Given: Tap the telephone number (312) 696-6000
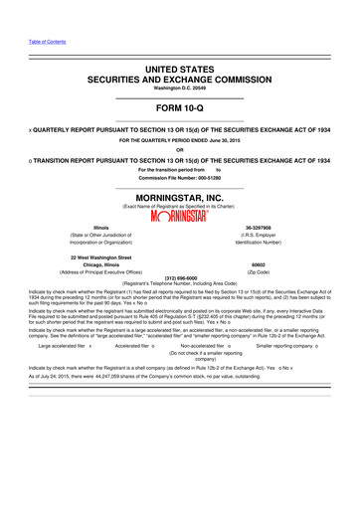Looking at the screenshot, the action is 180,278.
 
